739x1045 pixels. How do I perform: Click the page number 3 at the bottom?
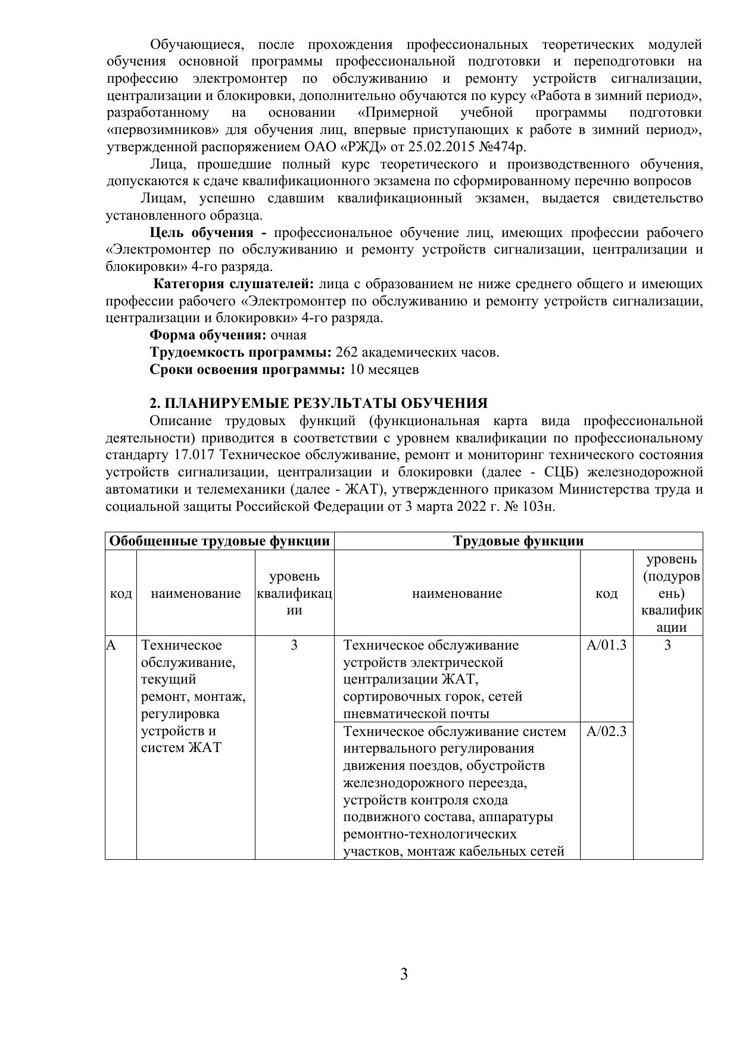point(404,975)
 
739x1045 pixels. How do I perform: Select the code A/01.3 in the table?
point(606,645)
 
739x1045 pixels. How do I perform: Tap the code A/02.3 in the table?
point(606,731)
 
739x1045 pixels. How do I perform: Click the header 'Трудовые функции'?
point(518,541)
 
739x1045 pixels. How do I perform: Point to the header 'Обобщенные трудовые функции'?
point(220,541)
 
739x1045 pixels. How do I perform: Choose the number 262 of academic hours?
point(347,353)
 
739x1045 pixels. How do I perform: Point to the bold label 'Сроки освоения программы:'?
point(247,370)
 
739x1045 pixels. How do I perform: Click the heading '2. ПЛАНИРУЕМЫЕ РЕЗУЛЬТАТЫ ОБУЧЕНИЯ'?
point(319,404)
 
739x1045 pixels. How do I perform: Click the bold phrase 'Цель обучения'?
point(201,233)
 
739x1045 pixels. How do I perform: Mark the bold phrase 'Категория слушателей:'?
point(233,284)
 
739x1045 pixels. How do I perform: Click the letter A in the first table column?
point(111,645)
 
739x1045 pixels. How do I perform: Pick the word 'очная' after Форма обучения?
point(289,335)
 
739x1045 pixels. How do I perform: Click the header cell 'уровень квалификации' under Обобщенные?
point(294,593)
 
